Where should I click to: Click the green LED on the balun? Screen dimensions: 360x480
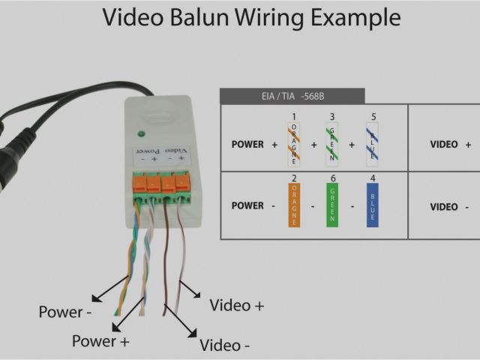click(x=141, y=135)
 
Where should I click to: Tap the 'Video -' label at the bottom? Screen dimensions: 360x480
click(x=225, y=345)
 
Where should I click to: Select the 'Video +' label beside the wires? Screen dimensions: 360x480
click(x=237, y=305)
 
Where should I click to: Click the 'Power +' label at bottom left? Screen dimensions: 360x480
click(x=100, y=341)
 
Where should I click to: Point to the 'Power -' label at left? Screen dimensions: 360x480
click(x=66, y=311)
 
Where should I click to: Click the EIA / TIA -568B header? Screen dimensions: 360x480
click(x=292, y=96)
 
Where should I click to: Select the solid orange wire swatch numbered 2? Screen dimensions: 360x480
click(x=294, y=207)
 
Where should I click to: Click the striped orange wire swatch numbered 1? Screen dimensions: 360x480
click(x=294, y=144)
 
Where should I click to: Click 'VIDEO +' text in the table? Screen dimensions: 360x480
click(x=450, y=144)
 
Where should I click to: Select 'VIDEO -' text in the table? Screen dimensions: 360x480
click(x=450, y=207)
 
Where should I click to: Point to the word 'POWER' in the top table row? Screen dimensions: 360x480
click(x=247, y=144)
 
